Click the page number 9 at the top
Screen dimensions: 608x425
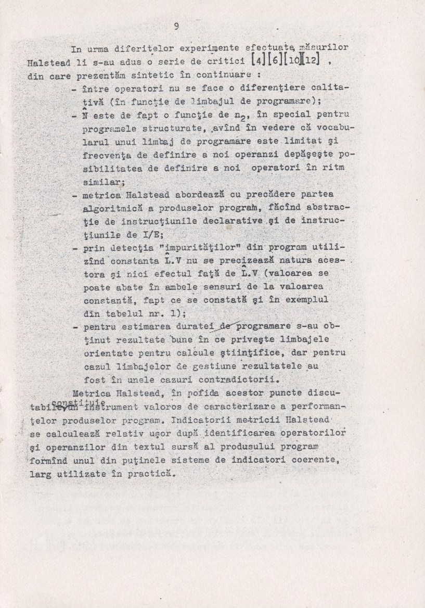coord(177,27)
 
